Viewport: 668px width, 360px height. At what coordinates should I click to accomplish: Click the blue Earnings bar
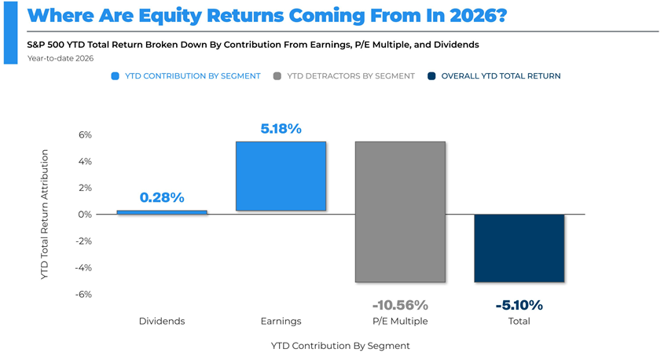281,176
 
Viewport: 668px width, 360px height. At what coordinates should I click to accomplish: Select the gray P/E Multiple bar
400,211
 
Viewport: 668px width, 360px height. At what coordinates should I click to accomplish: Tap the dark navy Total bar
519,248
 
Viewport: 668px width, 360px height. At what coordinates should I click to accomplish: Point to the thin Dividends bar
162,212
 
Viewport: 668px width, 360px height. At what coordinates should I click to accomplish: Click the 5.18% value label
281,128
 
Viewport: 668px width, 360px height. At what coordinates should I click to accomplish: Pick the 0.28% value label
162,197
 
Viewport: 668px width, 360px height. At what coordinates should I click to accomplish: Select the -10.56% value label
400,305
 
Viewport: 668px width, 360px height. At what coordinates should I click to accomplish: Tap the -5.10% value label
519,305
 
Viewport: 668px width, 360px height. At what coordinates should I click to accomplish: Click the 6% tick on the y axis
85,135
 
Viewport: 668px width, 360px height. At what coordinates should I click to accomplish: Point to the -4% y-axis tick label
83,268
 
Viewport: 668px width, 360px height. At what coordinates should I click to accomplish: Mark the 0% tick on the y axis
84,215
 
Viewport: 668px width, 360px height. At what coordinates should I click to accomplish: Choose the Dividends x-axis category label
162,321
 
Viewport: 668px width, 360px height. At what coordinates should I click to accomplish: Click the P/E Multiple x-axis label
400,321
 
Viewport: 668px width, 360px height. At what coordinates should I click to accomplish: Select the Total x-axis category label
519,321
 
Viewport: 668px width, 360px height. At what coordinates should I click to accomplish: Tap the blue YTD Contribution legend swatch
116,76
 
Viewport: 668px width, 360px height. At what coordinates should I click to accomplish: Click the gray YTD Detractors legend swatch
277,76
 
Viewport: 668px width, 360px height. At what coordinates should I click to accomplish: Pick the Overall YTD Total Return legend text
501,76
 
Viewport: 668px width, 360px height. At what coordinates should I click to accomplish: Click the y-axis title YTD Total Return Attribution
45,215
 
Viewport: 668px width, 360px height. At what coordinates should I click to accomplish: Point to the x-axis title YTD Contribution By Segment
340,346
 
